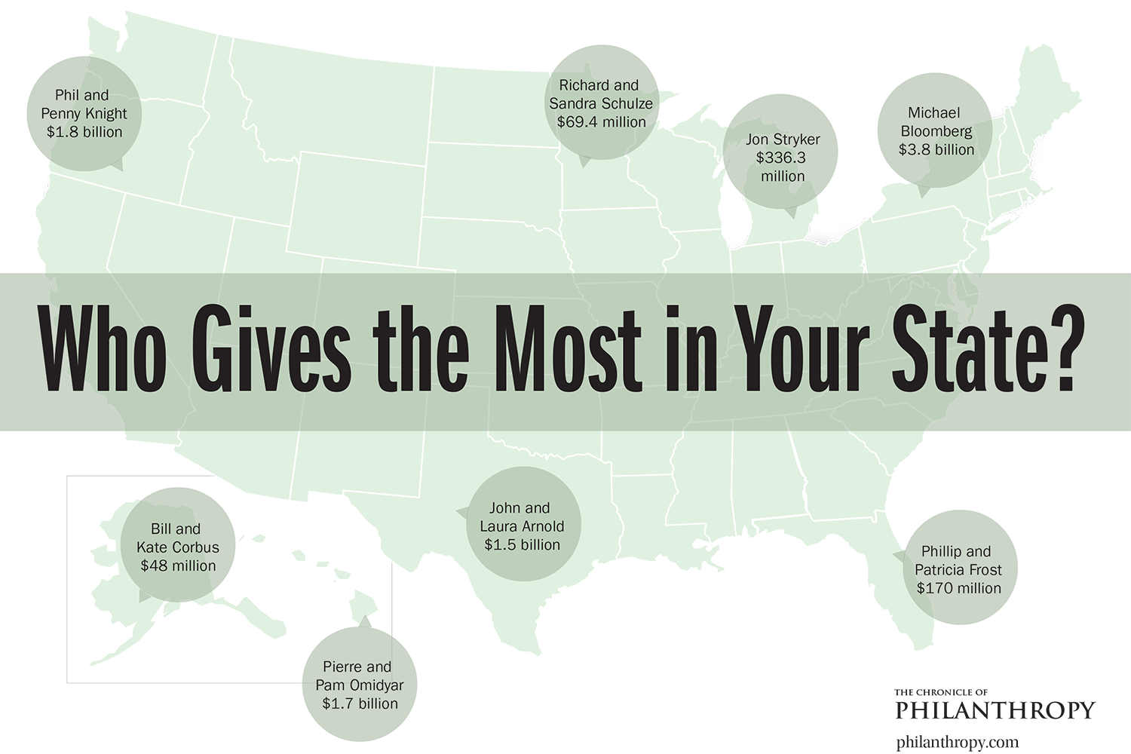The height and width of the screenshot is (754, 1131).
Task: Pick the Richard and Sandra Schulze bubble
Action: pyautogui.click(x=601, y=103)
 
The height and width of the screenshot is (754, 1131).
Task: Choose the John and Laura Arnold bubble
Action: pyautogui.click(x=521, y=526)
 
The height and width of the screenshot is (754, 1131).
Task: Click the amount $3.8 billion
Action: pyautogui.click(x=936, y=149)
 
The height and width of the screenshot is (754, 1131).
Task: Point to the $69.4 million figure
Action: pyautogui.click(x=601, y=121)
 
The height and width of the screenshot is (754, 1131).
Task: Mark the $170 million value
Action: pyautogui.click(x=958, y=588)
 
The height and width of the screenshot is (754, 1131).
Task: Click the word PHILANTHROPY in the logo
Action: pyautogui.click(x=993, y=709)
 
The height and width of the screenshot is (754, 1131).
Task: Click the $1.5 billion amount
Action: pyautogui.click(x=522, y=544)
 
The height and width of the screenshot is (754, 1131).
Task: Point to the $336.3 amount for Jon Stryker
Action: pyautogui.click(x=782, y=158)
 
